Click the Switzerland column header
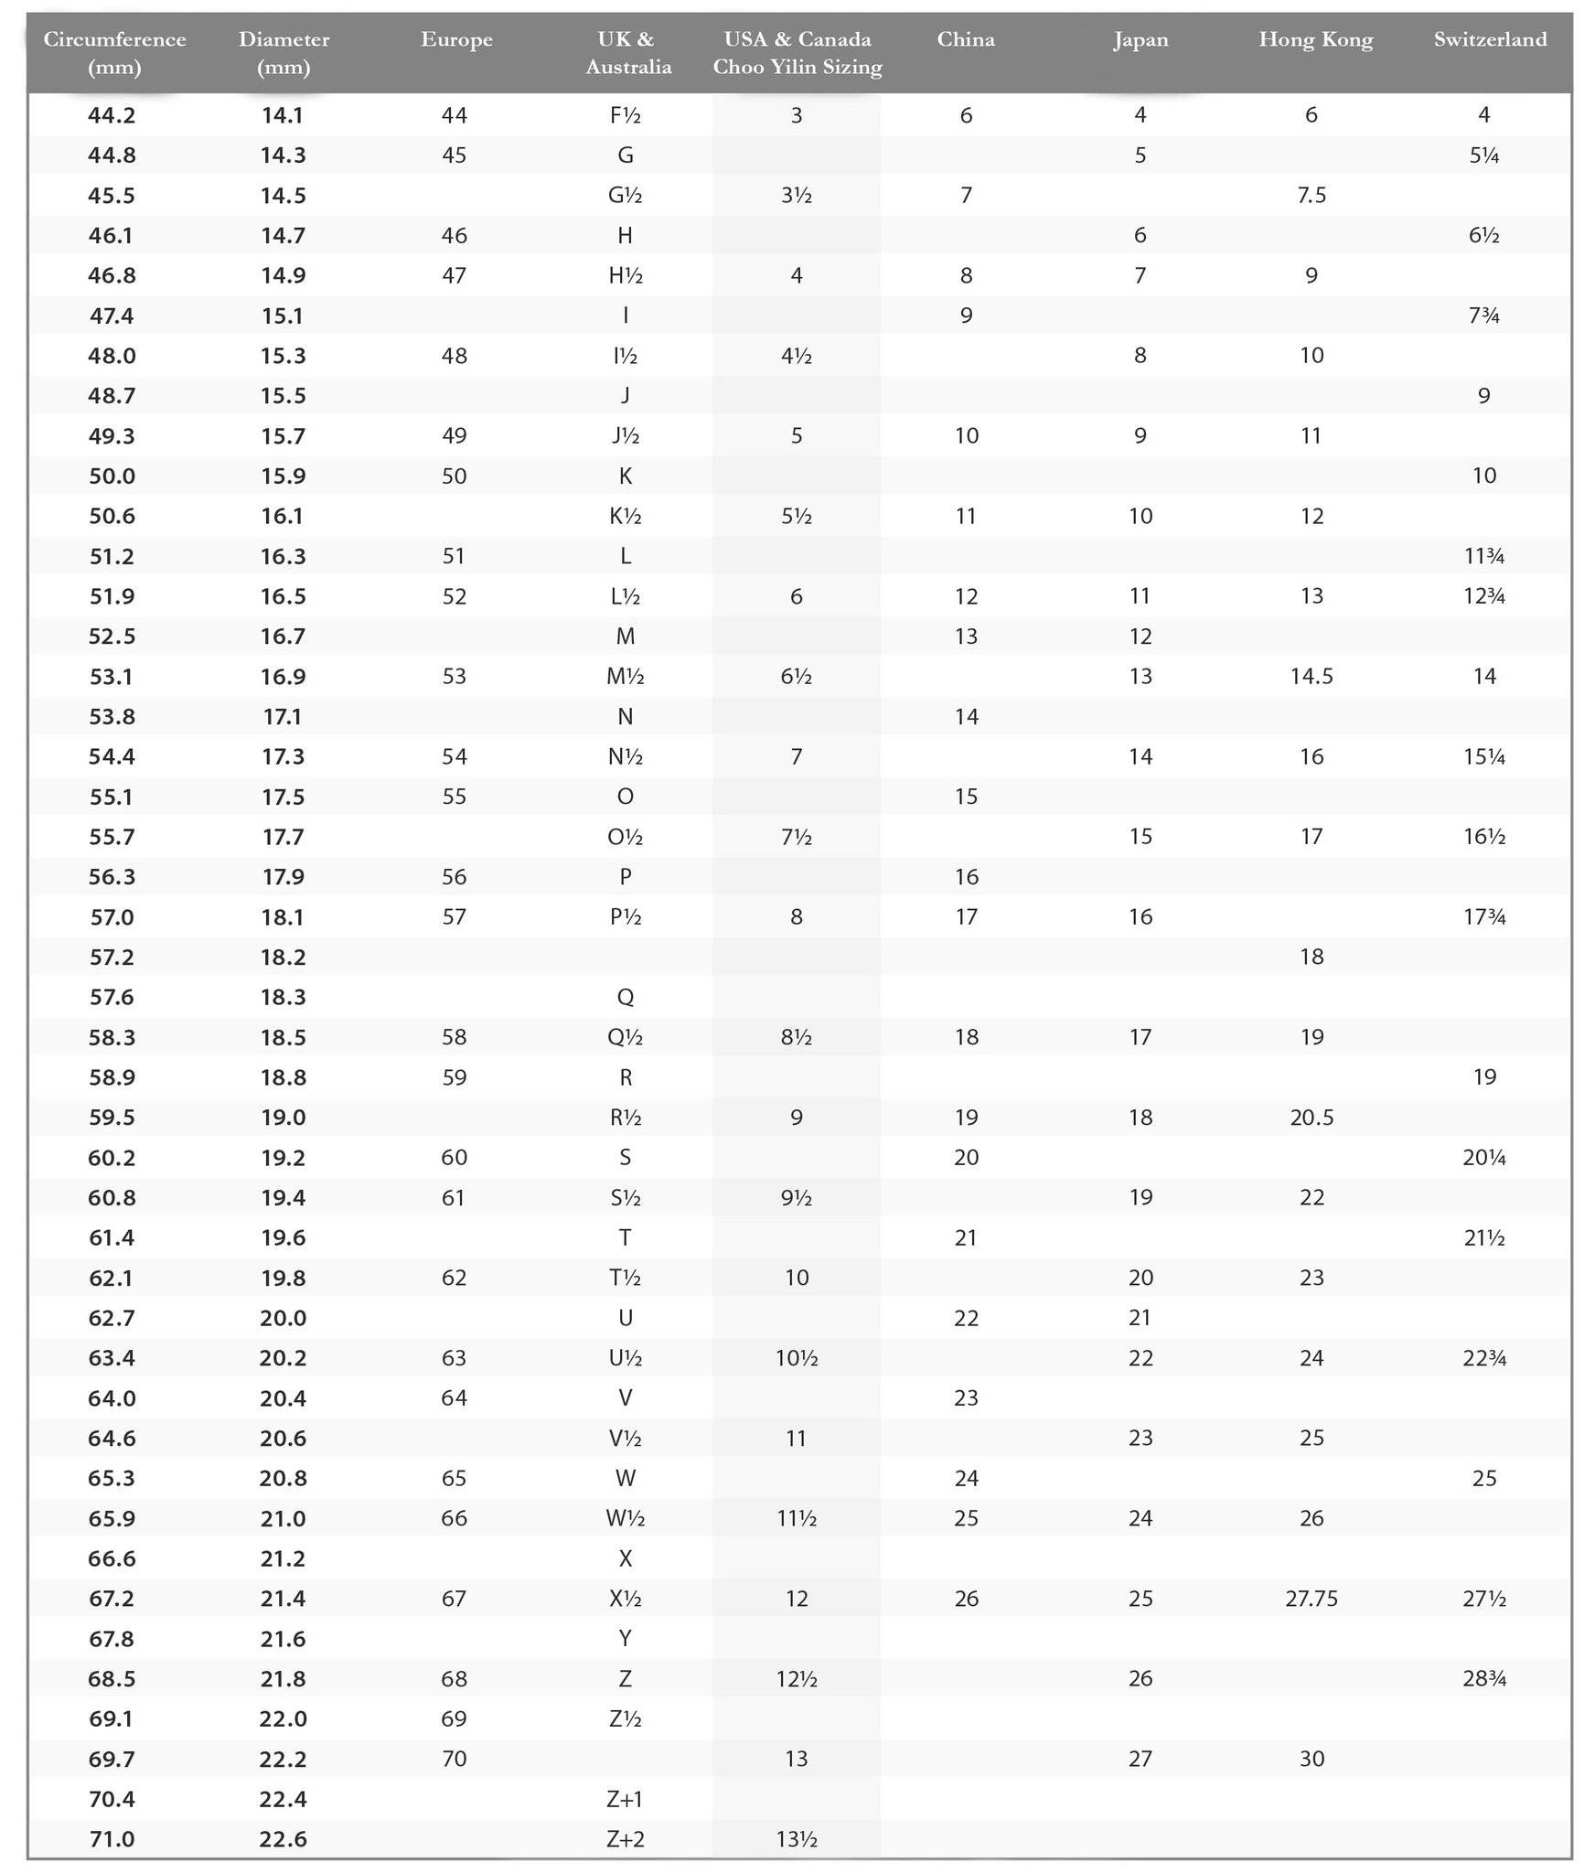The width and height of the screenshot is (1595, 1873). [x=1490, y=39]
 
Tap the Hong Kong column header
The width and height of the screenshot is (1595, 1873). [x=1315, y=39]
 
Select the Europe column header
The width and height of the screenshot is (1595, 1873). [x=456, y=39]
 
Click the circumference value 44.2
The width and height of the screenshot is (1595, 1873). [x=112, y=115]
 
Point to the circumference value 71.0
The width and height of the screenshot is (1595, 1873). [x=112, y=1839]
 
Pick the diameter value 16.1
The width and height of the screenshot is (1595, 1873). [x=283, y=516]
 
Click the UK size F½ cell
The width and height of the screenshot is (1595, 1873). [x=626, y=115]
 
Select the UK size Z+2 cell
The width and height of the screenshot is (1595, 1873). [x=626, y=1839]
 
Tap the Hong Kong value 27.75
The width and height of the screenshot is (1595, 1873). [x=1311, y=1599]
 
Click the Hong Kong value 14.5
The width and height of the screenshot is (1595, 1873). [x=1311, y=677]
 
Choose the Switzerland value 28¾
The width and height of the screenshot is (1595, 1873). [x=1484, y=1679]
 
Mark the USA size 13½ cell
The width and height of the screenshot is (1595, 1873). [x=797, y=1839]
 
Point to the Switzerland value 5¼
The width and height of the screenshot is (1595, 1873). [x=1484, y=155]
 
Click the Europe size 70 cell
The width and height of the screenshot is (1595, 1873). [x=455, y=1759]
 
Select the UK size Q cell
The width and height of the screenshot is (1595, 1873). [x=626, y=997]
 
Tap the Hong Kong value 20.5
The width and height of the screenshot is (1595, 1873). [x=1311, y=1118]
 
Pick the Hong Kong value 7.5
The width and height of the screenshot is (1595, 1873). [x=1311, y=196]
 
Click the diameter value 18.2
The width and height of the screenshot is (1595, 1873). [x=283, y=958]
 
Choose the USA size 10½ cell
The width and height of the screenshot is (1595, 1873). [x=797, y=1358]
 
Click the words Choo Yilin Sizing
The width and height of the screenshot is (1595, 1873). [x=797, y=67]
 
